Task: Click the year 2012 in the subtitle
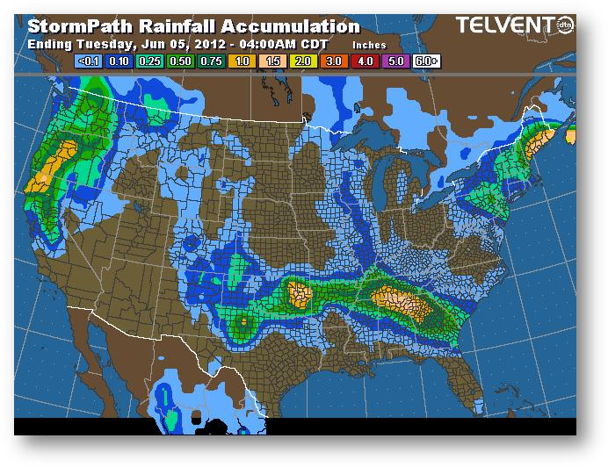coord(199,42)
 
